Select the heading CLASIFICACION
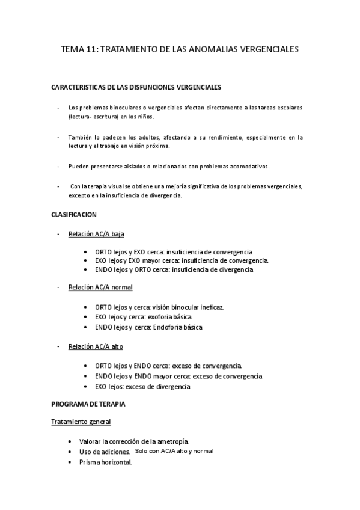pos(75,215)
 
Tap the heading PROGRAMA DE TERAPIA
pos(89,404)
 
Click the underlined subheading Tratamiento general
pos(81,422)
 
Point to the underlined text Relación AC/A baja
pos(96,233)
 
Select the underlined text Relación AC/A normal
pos(100,288)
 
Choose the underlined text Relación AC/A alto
pos(96,347)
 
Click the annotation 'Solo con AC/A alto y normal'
pos(174,450)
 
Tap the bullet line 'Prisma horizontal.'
pos(105,462)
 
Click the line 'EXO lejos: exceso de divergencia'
pos(142,386)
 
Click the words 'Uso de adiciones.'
pos(105,452)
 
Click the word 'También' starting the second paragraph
pos(79,137)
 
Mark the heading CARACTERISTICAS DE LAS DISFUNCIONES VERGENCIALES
pos(137,87)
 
